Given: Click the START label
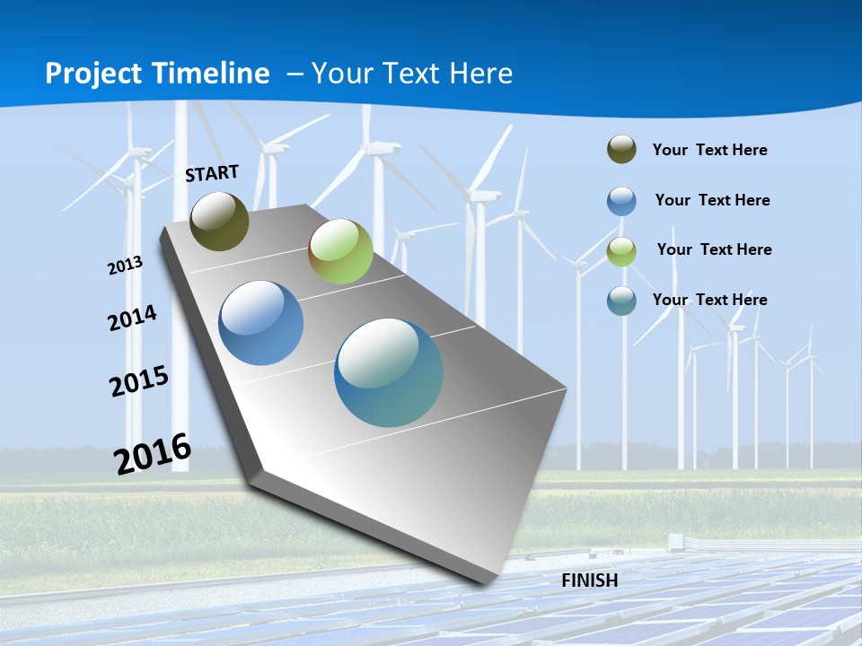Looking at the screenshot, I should pyautogui.click(x=212, y=173).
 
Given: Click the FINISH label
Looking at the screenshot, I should pyautogui.click(x=590, y=581).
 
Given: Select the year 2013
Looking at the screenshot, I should pyautogui.click(x=125, y=265).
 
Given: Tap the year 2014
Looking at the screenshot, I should pyautogui.click(x=132, y=318).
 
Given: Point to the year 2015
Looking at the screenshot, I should pyautogui.click(x=139, y=381).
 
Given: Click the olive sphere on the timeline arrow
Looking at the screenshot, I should pyautogui.click(x=219, y=221).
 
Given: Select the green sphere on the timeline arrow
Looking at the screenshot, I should pyautogui.click(x=340, y=251).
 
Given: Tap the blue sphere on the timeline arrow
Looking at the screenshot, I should pyautogui.click(x=261, y=323).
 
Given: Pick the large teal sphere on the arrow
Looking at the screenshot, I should pyautogui.click(x=389, y=372).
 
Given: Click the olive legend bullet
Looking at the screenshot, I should pyautogui.click(x=621, y=149).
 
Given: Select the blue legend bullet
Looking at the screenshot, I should pyautogui.click(x=621, y=200).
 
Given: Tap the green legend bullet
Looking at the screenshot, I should pyautogui.click(x=621, y=250).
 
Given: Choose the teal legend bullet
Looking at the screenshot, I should pyautogui.click(x=621, y=301).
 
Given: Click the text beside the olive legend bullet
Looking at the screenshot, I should pyautogui.click(x=709, y=150).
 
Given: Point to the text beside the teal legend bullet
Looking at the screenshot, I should pyautogui.click(x=709, y=300).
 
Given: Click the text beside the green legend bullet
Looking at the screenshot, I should pyautogui.click(x=714, y=249).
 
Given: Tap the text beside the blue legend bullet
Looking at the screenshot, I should pyautogui.click(x=712, y=200).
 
